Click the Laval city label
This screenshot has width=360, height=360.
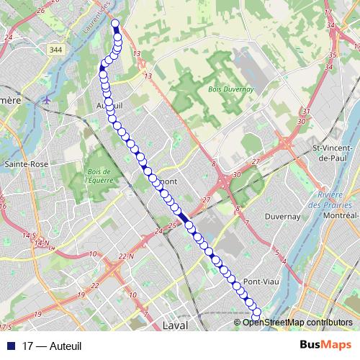[176, 325]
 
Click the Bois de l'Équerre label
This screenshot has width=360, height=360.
[99, 176]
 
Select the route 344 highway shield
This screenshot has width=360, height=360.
[56, 49]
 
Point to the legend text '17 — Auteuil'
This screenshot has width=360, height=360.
[53, 346]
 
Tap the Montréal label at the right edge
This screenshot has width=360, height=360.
[341, 215]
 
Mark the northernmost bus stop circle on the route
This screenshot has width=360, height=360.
[115, 24]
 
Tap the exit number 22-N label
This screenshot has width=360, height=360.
[127, 256]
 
